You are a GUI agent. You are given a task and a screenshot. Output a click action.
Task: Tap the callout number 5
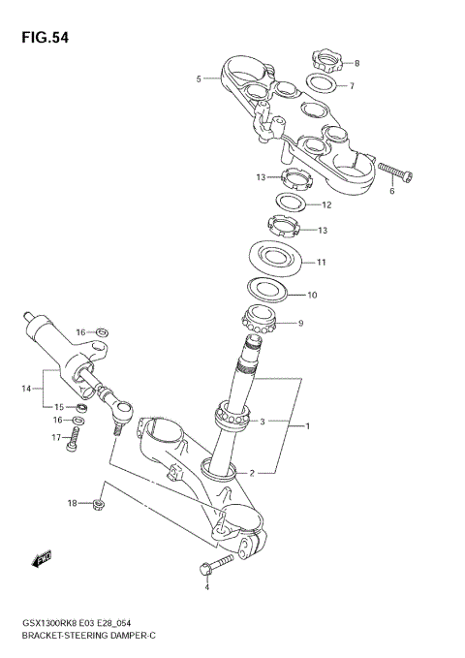click(199, 78)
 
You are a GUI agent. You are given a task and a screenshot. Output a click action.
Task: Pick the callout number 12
click(326, 205)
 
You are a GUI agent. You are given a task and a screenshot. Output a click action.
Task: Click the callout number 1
click(308, 426)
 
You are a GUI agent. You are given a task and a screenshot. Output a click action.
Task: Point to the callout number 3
click(262, 422)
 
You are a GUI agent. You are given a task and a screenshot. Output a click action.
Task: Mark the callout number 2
click(252, 473)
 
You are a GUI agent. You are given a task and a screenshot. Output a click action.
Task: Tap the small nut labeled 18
click(100, 504)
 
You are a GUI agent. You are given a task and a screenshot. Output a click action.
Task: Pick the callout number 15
click(59, 407)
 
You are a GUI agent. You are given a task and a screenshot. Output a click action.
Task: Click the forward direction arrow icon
click(42, 559)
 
